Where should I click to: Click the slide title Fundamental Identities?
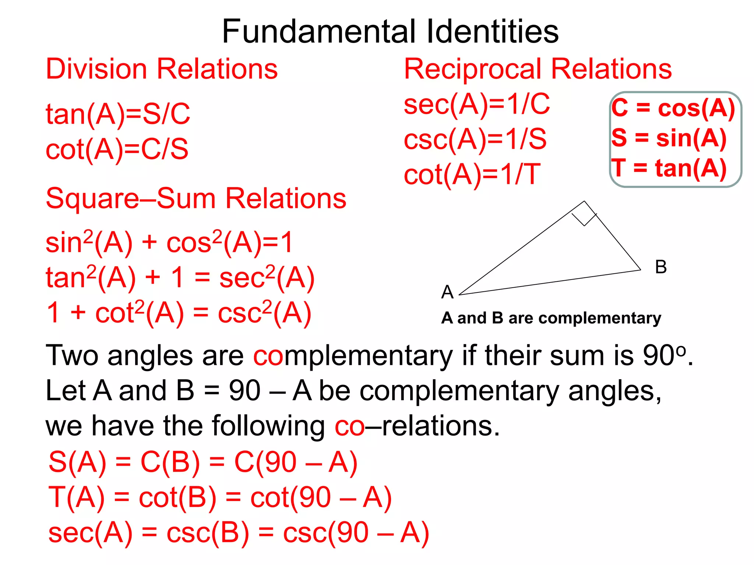pyautogui.click(x=390, y=32)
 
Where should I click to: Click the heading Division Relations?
pyautogui.click(x=162, y=69)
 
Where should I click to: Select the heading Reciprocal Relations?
pyautogui.click(x=538, y=69)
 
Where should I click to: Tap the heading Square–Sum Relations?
pyautogui.click(x=196, y=198)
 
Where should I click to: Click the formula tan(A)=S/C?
pyautogui.click(x=118, y=114)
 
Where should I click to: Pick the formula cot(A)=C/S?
pyautogui.click(x=117, y=149)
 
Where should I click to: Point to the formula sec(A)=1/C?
pyautogui.click(x=477, y=104)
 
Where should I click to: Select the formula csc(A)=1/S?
pyautogui.click(x=475, y=139)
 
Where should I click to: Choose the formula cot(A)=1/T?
pyautogui.click(x=472, y=174)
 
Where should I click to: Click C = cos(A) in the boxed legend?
pyautogui.click(x=673, y=108)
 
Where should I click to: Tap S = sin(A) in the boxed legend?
pyautogui.click(x=669, y=138)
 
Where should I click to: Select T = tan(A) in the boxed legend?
pyautogui.click(x=669, y=168)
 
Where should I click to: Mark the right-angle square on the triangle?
pyautogui.click(x=584, y=214)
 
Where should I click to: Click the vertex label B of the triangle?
pyautogui.click(x=661, y=267)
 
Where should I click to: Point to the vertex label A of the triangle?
pyautogui.click(x=447, y=292)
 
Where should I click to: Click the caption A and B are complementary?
pyautogui.click(x=551, y=318)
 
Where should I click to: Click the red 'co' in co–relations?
pyautogui.click(x=349, y=426)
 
